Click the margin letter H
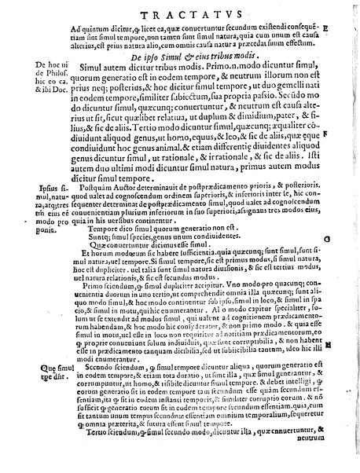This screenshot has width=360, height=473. [348, 344]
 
